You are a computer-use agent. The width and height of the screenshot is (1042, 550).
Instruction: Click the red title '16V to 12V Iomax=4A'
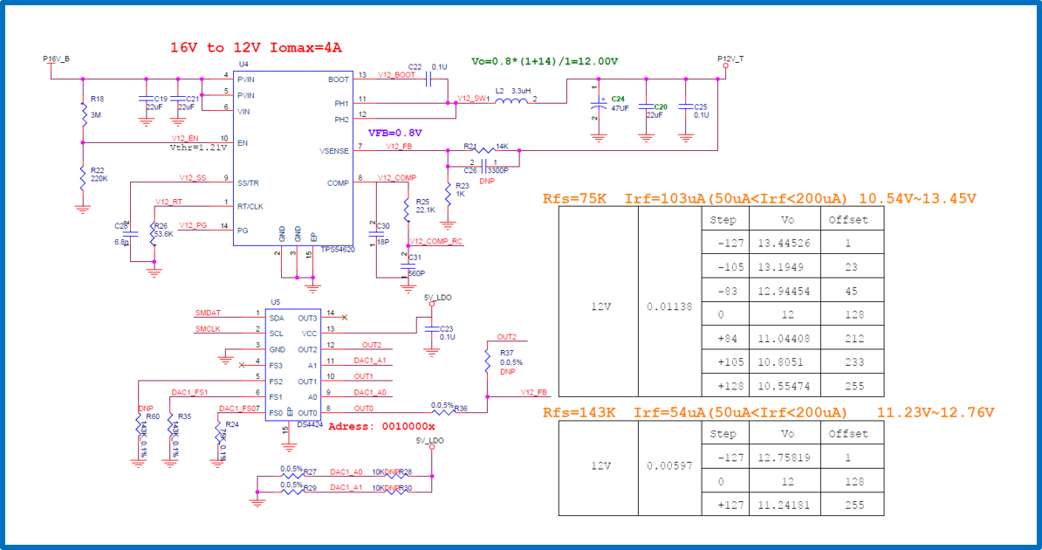[x=256, y=47]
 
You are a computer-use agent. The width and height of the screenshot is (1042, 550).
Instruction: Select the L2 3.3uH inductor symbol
[x=512, y=100]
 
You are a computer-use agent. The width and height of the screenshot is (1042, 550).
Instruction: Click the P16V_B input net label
[x=56, y=58]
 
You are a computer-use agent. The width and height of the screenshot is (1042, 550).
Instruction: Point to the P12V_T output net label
[x=730, y=58]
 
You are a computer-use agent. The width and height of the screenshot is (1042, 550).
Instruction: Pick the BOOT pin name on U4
[x=339, y=79]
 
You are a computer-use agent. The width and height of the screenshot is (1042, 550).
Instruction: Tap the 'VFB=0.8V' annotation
[x=395, y=133]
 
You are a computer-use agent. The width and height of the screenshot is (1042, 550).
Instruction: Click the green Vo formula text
[x=545, y=61]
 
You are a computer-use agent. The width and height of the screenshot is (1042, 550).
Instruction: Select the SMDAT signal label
[x=209, y=313]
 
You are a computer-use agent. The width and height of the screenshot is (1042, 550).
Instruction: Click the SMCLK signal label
[x=209, y=329]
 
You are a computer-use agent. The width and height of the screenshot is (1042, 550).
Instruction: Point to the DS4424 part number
[x=311, y=424]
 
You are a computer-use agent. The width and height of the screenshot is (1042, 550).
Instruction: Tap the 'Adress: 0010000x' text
[x=381, y=426]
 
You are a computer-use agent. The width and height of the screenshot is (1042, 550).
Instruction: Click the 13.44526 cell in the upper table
[x=785, y=244]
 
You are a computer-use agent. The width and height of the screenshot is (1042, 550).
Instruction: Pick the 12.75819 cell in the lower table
[x=785, y=457]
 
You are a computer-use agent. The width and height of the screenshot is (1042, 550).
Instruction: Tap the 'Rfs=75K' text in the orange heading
[x=574, y=198]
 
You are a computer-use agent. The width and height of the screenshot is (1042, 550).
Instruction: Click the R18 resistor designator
[x=98, y=99]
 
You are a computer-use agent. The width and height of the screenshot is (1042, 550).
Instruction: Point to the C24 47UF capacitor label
[x=619, y=103]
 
